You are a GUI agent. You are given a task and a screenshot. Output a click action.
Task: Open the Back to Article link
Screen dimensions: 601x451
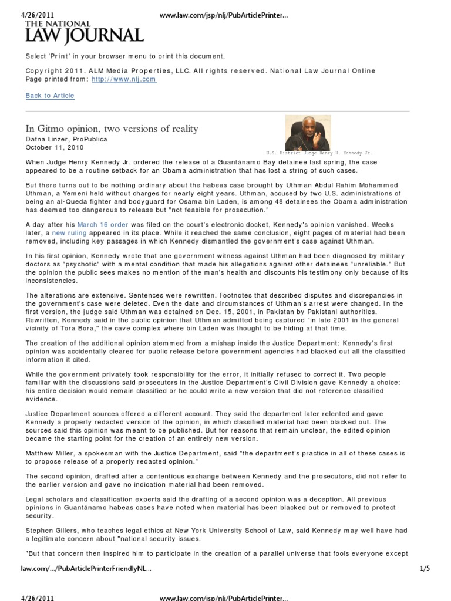point(50,96)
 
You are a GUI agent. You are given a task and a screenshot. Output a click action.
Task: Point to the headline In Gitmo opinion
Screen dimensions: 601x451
point(112,129)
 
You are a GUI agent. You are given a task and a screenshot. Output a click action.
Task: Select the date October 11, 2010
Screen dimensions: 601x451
point(55,147)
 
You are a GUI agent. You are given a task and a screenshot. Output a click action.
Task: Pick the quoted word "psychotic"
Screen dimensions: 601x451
point(86,264)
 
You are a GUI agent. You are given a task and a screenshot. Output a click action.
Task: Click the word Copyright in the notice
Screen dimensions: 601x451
point(44,71)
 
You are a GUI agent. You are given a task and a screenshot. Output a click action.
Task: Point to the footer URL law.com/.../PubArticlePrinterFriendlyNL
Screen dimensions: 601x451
point(82,568)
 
